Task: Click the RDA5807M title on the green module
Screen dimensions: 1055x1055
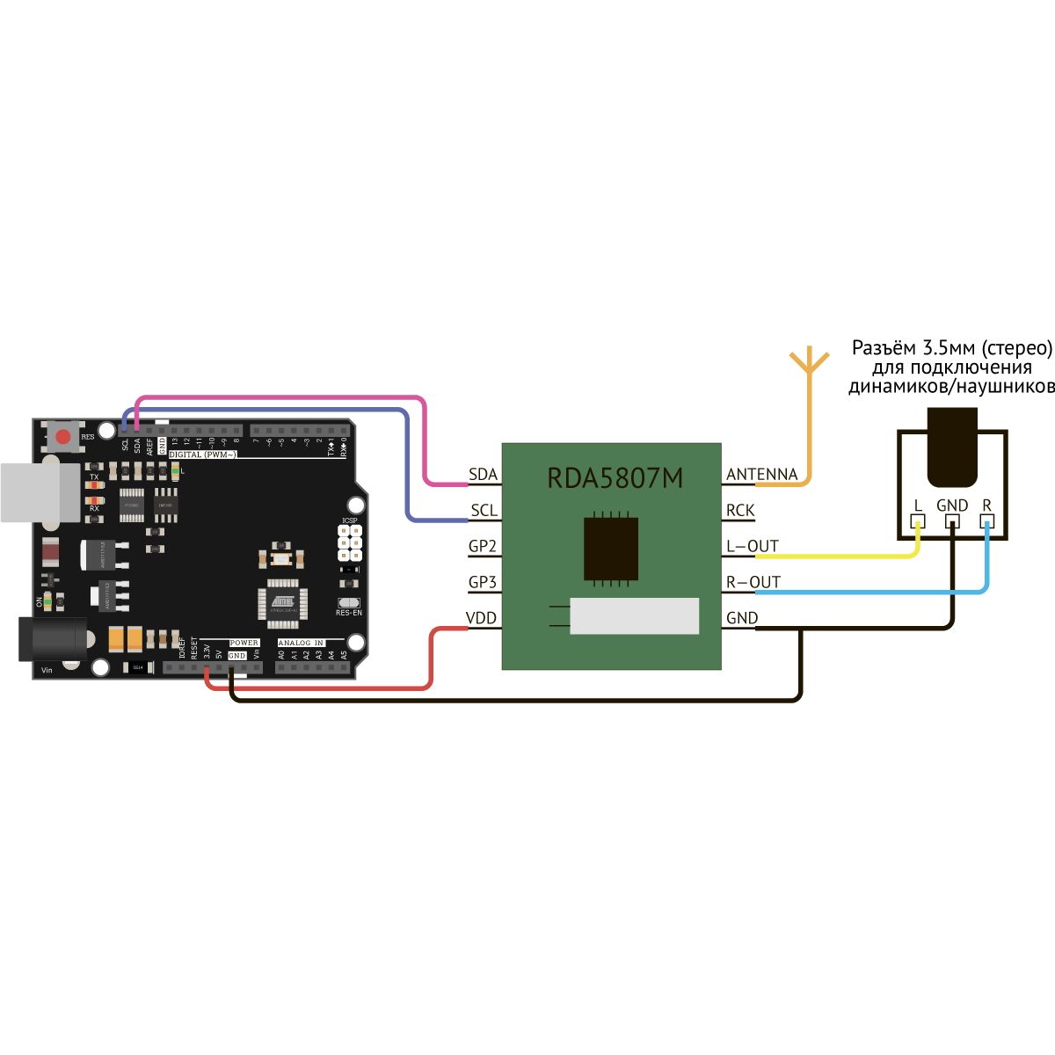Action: (615, 478)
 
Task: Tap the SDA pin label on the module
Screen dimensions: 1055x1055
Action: (483, 475)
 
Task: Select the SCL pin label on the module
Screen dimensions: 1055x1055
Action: (484, 511)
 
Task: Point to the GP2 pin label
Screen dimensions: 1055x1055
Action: (483, 547)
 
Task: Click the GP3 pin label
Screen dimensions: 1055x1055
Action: (483, 583)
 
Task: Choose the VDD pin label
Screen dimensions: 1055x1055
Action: (482, 619)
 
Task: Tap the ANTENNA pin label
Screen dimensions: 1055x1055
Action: (761, 475)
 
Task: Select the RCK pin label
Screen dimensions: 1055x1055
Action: (740, 511)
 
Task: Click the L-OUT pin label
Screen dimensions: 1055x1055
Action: (753, 547)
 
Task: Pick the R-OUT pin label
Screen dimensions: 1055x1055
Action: (753, 583)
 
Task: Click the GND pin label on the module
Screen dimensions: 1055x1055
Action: (742, 619)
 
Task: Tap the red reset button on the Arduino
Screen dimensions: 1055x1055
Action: (62, 436)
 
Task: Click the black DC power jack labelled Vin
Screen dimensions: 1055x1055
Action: (53, 639)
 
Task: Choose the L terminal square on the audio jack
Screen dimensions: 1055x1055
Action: (918, 522)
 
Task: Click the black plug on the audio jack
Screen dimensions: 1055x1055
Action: (952, 447)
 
